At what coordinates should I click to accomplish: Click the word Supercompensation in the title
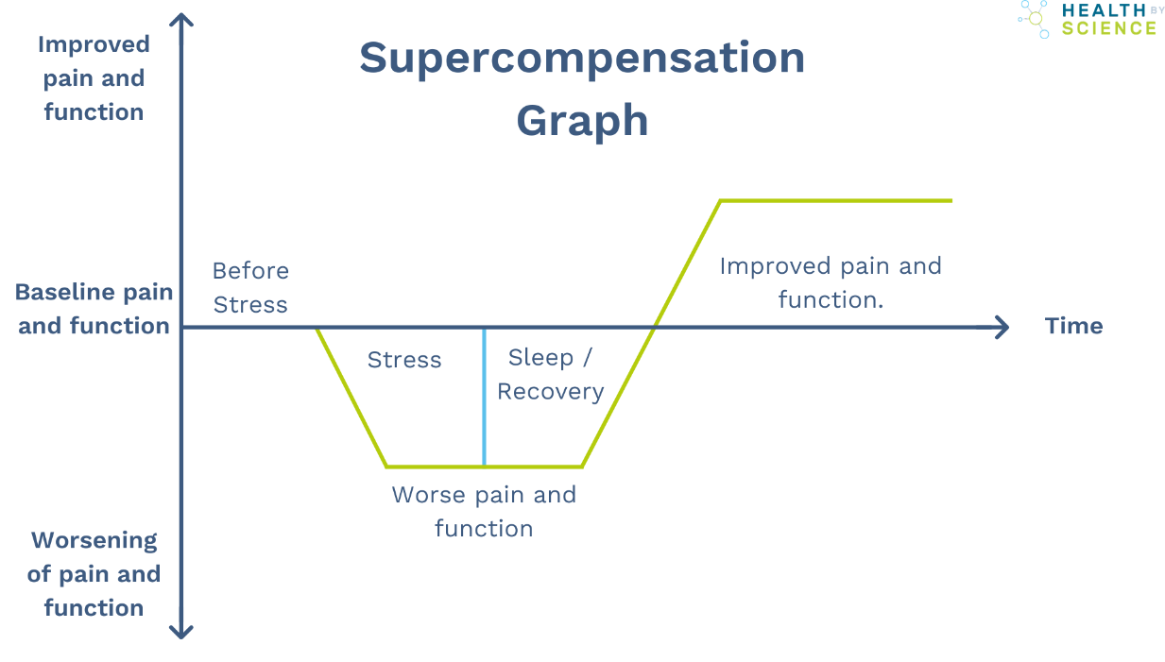[581, 59]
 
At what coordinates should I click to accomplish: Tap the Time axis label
[1073, 326]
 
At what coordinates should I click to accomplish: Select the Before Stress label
[250, 287]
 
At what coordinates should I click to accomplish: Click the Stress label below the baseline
[404, 360]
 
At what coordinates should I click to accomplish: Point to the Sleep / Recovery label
[550, 374]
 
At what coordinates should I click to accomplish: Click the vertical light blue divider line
[484, 397]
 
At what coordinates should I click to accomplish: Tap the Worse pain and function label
[484, 511]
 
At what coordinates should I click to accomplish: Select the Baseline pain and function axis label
[94, 309]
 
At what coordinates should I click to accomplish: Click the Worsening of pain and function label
[94, 573]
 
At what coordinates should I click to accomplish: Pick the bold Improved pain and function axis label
[94, 78]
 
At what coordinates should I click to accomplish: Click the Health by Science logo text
[1108, 19]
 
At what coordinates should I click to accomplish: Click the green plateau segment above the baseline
[835, 200]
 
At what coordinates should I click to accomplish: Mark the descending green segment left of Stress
[351, 397]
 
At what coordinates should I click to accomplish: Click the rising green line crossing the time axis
[654, 327]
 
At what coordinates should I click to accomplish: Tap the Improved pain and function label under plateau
[831, 282]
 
